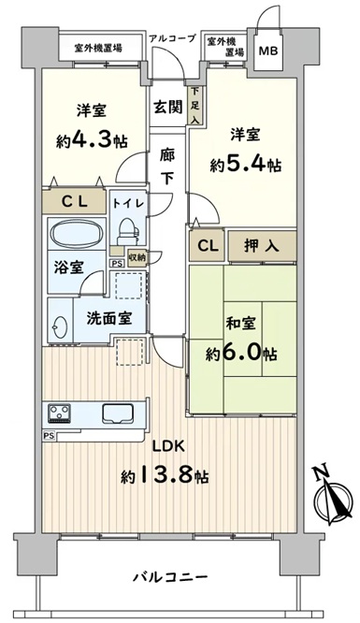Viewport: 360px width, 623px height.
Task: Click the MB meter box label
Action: [268, 51]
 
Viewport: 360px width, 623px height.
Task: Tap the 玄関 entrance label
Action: [168, 107]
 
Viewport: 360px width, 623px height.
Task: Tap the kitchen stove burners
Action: [59, 413]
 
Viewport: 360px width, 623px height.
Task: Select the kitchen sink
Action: [118, 413]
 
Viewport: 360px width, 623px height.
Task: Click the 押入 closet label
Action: [262, 246]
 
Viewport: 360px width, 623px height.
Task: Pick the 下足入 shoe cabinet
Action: [194, 105]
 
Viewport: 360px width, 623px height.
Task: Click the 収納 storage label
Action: [137, 257]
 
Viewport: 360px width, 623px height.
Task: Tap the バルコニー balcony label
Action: [170, 576]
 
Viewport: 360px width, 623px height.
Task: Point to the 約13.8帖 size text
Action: [166, 474]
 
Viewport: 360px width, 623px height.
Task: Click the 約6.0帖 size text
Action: [241, 352]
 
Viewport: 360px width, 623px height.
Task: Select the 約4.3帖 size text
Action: [92, 140]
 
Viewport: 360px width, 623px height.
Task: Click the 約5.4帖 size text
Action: [246, 165]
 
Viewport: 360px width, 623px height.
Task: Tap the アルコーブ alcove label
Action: [172, 38]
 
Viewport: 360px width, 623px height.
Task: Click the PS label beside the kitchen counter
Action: [49, 436]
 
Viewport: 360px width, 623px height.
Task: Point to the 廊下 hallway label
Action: [167, 167]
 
